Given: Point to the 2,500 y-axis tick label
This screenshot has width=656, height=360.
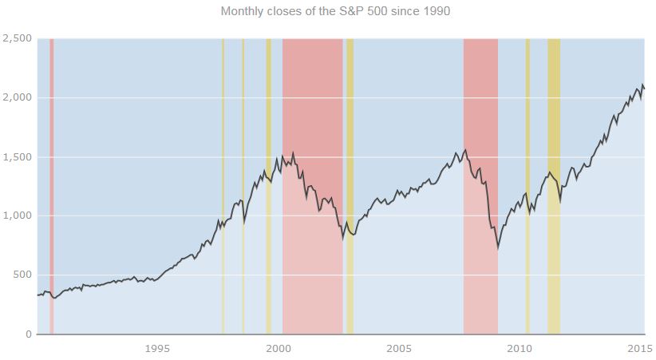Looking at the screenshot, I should pos(17,38).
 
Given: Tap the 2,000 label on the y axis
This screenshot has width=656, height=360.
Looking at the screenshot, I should pos(17,97).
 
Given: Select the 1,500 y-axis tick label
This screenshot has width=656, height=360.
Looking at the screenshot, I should pos(17,156).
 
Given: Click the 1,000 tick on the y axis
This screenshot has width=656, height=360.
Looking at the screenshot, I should pos(17,216).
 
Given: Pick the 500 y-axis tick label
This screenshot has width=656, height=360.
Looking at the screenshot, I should pos(22,275).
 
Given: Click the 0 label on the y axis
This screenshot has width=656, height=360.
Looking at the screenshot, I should pos(28,334).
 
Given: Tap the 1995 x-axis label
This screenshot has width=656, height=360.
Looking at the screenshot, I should pos(157,348).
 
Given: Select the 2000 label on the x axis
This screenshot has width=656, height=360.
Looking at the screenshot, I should pos(278,348).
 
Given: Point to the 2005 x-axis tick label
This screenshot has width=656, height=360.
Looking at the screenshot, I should pos(398,348).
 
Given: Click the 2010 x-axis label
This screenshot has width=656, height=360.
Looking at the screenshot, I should pos(520,348).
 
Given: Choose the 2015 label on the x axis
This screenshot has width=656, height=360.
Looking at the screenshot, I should pos(639,348).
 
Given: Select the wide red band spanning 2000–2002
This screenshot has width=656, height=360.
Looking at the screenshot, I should pos(312,120).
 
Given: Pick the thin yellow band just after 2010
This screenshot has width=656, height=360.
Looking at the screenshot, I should pos(528,120).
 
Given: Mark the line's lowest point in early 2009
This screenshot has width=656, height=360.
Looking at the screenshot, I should pos(498,247).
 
